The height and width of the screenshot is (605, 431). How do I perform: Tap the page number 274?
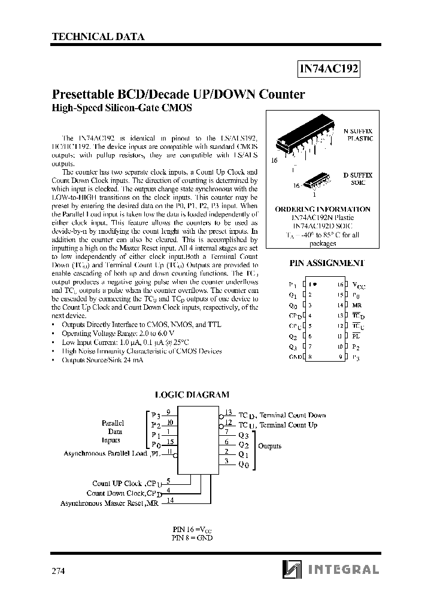click(59, 570)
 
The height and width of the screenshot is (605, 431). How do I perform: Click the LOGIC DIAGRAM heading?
click(192, 395)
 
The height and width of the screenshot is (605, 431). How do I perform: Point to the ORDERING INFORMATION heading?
click(323, 209)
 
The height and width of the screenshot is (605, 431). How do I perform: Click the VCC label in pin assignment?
click(358, 286)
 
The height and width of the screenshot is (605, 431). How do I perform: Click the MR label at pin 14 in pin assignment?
click(357, 305)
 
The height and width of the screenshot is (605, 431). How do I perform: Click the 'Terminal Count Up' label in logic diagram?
click(288, 425)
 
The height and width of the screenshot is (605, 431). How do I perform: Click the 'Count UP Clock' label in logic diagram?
click(117, 483)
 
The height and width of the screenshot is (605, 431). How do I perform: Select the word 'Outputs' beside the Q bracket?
click(269, 446)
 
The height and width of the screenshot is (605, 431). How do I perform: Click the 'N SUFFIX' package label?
click(357, 130)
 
